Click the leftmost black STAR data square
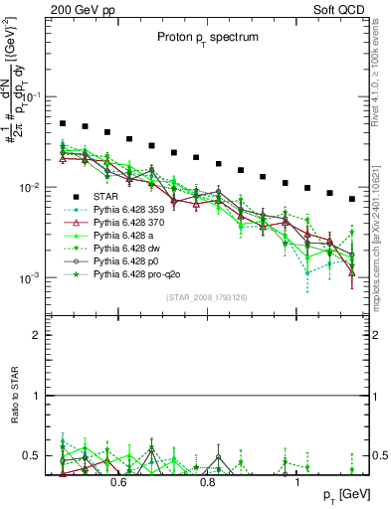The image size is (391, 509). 63,124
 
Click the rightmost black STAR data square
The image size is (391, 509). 352,199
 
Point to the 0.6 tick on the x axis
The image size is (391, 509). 118,483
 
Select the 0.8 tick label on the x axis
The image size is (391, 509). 208,483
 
